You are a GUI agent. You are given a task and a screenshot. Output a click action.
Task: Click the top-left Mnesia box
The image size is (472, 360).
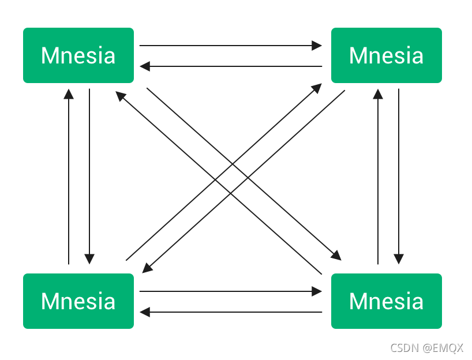click(78, 55)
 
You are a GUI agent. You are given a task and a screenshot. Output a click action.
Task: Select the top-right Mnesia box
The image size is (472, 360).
click(387, 55)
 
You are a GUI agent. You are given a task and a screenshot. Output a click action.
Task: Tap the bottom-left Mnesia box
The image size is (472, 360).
click(78, 301)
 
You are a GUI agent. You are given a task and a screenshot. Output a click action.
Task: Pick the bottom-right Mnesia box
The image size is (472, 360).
click(387, 301)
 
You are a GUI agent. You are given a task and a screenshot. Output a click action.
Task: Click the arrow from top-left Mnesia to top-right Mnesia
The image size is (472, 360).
click(231, 45)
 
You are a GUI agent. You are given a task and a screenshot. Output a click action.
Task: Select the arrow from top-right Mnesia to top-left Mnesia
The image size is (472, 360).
click(231, 66)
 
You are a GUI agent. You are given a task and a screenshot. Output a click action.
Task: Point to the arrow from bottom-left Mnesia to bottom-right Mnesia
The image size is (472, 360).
click(231, 291)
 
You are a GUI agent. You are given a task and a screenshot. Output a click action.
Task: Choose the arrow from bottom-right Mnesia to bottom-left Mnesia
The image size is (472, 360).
click(231, 312)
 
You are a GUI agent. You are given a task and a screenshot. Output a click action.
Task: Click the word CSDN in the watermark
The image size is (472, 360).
click(403, 348)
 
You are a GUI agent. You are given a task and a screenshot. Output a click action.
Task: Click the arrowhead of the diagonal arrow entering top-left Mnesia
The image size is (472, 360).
click(119, 96)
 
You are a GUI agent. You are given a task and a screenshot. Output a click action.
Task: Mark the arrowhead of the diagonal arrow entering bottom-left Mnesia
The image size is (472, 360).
click(147, 268)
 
